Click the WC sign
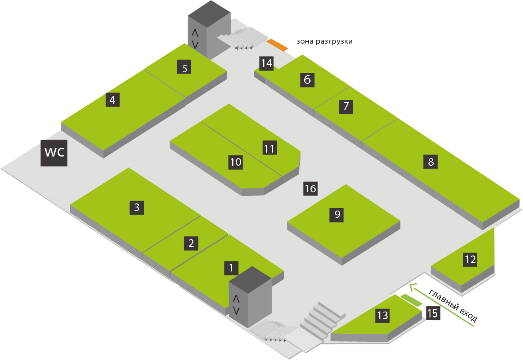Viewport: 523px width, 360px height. (54, 153)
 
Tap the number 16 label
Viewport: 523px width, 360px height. (310, 188)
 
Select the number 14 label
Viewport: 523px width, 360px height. (267, 63)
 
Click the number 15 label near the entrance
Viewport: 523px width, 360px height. (432, 314)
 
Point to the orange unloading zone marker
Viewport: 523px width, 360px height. (277, 45)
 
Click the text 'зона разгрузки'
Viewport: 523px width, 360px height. (324, 41)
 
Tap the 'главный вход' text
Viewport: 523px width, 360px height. (453, 306)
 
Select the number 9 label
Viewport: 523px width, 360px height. (337, 215)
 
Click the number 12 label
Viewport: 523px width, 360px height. (470, 259)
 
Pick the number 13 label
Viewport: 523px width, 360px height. (382, 315)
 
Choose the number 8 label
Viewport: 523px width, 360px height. (431, 162)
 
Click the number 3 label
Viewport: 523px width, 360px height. (137, 207)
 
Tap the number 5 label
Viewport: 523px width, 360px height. (184, 68)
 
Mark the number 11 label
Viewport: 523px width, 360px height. (269, 149)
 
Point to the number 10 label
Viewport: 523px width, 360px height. (236, 162)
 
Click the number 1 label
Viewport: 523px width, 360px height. (231, 267)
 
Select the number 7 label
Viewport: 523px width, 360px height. (346, 106)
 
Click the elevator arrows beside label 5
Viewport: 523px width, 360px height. (195, 38)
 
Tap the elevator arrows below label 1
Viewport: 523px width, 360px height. (236, 304)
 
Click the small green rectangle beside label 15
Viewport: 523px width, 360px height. (411, 300)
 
